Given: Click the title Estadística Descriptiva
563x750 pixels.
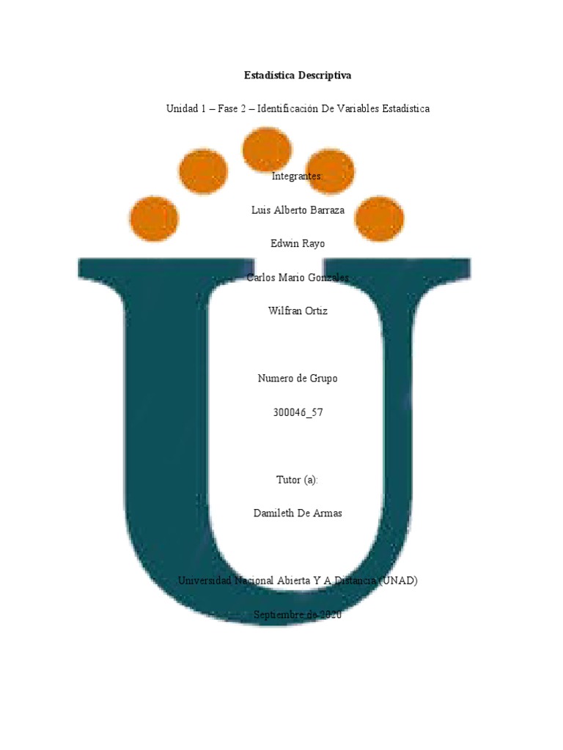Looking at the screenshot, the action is tap(298, 75).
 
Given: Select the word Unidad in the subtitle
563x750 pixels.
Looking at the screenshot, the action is tap(181, 108).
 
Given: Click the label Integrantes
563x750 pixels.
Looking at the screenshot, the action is tap(297, 176).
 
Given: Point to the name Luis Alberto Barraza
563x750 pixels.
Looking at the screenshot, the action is tap(298, 210).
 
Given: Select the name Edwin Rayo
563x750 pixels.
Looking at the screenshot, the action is tap(298, 244).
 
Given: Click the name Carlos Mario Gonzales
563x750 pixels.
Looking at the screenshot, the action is tap(298, 278).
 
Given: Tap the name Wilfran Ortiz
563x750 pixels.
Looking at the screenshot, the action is tap(298, 311).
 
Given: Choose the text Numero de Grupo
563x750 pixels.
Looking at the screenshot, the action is tap(298, 379).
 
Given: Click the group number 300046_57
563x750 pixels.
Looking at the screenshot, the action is tap(298, 412).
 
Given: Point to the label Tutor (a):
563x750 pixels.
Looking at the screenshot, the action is tap(298, 480).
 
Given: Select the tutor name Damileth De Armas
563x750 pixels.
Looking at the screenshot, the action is tap(298, 513).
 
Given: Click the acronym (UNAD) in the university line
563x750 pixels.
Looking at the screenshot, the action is tap(400, 581).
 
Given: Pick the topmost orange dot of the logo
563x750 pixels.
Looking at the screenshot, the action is tap(267, 149).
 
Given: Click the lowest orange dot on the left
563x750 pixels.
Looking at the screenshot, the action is tap(153, 218).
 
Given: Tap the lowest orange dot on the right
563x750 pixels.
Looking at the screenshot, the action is tap(380, 218).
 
